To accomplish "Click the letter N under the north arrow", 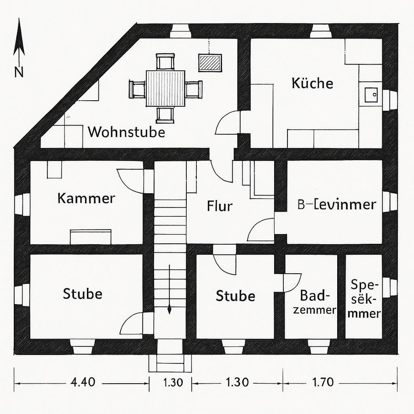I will (18, 71).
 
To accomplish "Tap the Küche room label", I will (312, 83).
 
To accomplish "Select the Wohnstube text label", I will (126, 132).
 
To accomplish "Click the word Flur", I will (219, 206).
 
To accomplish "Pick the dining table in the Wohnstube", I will (166, 88).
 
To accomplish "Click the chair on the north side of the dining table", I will (166, 62).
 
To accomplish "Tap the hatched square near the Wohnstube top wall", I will (210, 62).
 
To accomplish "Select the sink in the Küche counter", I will (370, 95).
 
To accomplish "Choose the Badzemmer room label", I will (317, 302).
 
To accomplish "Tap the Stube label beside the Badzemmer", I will (236, 295).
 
